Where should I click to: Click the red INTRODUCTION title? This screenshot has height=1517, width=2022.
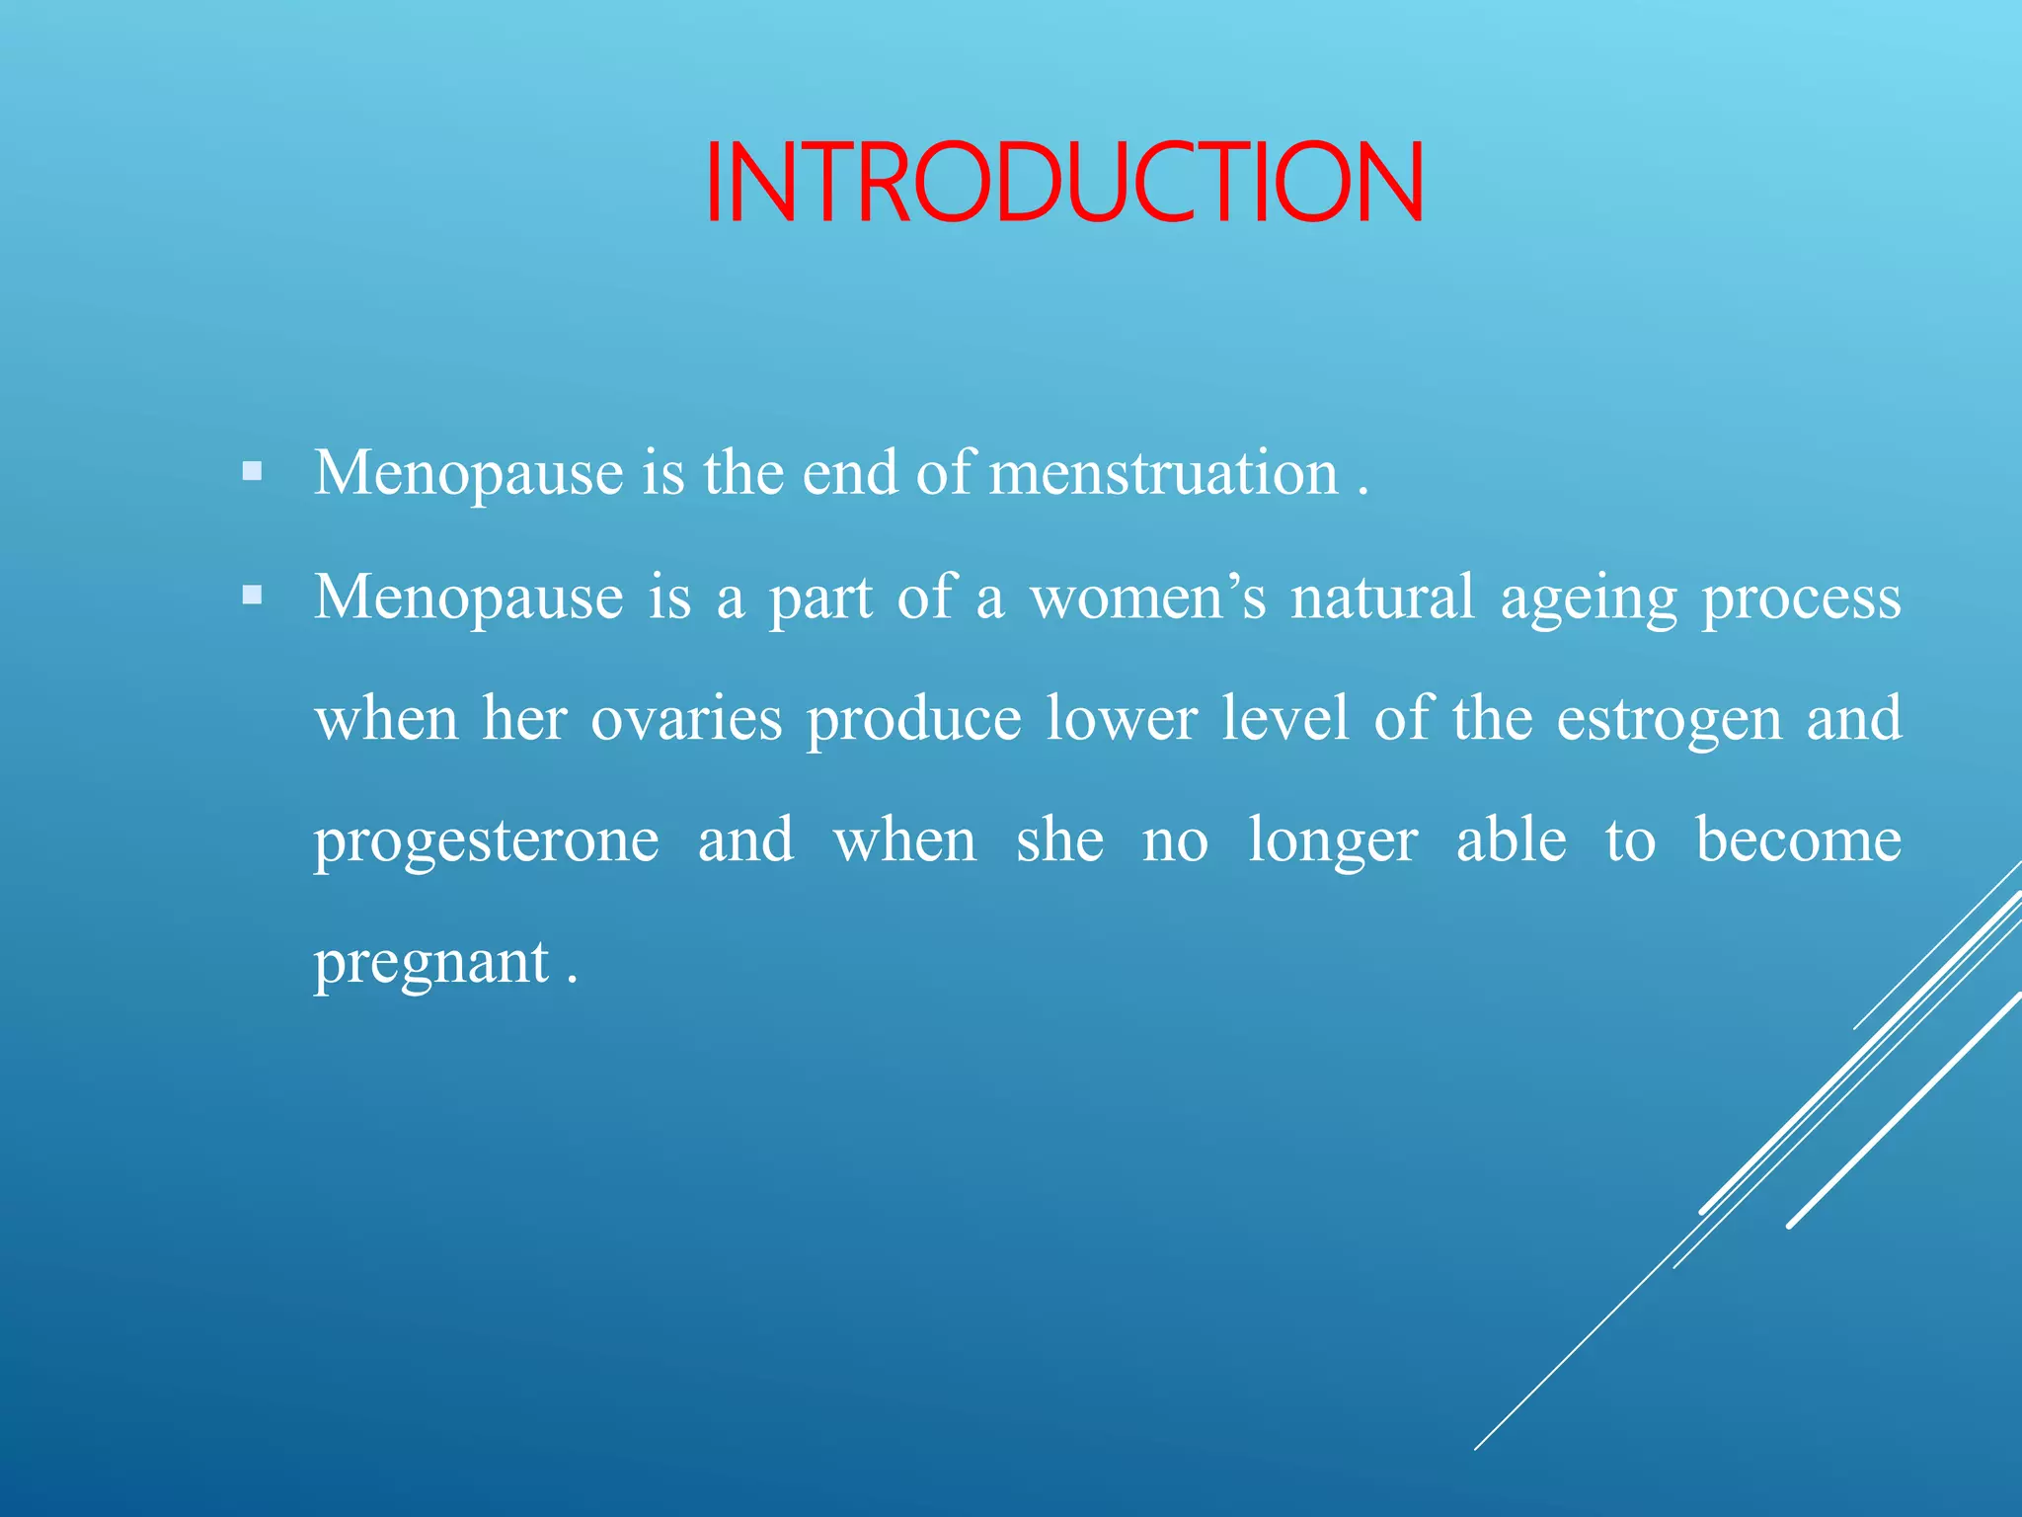tap(1064, 184)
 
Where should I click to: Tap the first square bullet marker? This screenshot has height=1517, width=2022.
tap(253, 471)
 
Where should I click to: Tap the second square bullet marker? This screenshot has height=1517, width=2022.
tap(253, 596)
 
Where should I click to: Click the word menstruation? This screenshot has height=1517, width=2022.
tap(1163, 473)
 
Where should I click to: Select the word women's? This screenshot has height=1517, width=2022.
tap(1147, 598)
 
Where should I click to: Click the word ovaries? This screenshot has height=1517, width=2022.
tap(686, 719)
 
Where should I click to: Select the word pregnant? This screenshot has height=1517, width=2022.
tap(431, 964)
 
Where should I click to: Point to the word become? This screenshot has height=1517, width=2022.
tap(1798, 840)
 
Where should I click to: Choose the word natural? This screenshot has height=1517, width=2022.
tap(1382, 598)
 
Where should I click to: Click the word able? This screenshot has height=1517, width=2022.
tap(1511, 840)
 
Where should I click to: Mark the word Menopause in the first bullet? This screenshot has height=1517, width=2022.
tap(468, 473)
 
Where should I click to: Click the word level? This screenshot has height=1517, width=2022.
tap(1284, 717)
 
